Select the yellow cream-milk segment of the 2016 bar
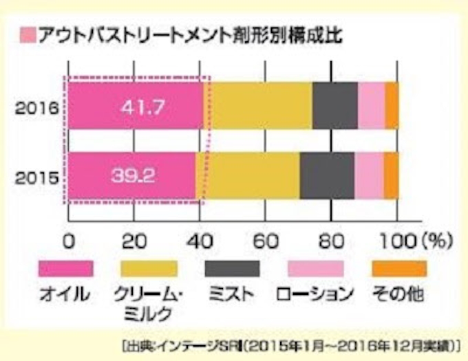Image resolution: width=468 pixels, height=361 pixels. pos(258,105)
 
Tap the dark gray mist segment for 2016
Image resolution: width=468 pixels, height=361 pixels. pos(334,105)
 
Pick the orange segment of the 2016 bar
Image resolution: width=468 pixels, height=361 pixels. pos(391,105)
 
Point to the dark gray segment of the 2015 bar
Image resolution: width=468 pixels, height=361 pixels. pos(327,176)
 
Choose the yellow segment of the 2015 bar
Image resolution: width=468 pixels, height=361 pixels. pos(248,176)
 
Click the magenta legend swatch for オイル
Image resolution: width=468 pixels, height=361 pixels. pos(66,268)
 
